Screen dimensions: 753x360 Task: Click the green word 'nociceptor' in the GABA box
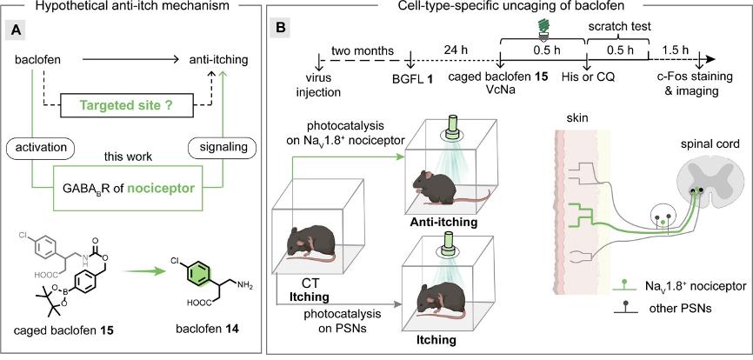[167, 189]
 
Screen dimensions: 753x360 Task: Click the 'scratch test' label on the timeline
[620, 27]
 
